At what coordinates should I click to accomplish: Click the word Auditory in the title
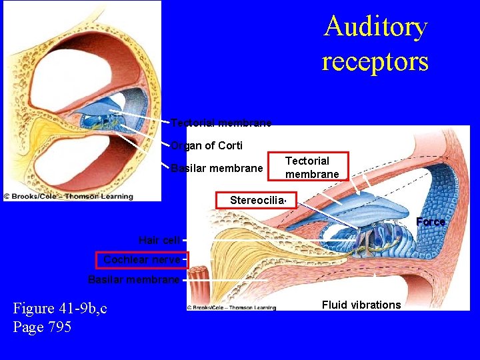click(375, 27)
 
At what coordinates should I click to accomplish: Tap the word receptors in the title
click(375, 61)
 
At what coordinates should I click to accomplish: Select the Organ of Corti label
click(207, 145)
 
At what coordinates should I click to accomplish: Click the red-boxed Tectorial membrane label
click(307, 167)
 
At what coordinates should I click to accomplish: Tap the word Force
click(431, 221)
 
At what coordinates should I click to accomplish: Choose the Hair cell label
click(159, 240)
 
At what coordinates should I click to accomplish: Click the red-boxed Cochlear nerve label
click(141, 260)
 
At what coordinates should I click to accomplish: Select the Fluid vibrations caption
click(361, 305)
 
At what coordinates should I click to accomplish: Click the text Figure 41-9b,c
click(60, 308)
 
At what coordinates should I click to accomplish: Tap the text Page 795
click(42, 327)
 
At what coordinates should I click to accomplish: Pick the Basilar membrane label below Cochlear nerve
click(133, 279)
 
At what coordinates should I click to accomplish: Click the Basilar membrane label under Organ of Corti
click(217, 168)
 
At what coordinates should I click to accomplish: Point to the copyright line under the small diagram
click(68, 197)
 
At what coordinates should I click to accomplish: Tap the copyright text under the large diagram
click(231, 307)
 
